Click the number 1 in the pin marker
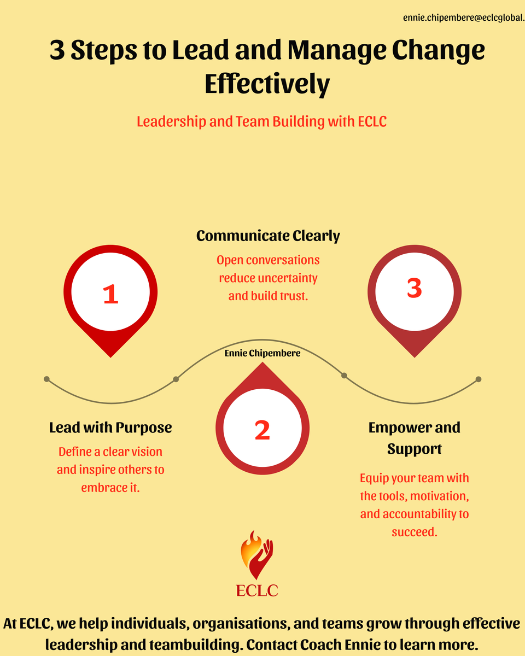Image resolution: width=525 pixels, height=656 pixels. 110,294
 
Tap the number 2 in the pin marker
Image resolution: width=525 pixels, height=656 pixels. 262,430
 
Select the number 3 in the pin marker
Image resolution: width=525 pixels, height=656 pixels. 414,288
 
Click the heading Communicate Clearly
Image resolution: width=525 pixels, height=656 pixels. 268,236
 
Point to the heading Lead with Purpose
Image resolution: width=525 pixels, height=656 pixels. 110,427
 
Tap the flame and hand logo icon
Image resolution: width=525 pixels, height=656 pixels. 257,554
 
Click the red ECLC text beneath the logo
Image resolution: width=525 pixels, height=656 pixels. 257,591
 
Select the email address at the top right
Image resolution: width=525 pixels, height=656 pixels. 463,18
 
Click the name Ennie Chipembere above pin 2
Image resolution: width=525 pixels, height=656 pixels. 262,354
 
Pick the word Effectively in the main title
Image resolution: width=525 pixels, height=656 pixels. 267,84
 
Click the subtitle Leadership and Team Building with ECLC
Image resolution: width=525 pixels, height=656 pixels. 262,121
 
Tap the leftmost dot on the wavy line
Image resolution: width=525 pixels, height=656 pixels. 46,379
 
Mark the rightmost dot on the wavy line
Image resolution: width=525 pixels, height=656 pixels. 479,379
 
